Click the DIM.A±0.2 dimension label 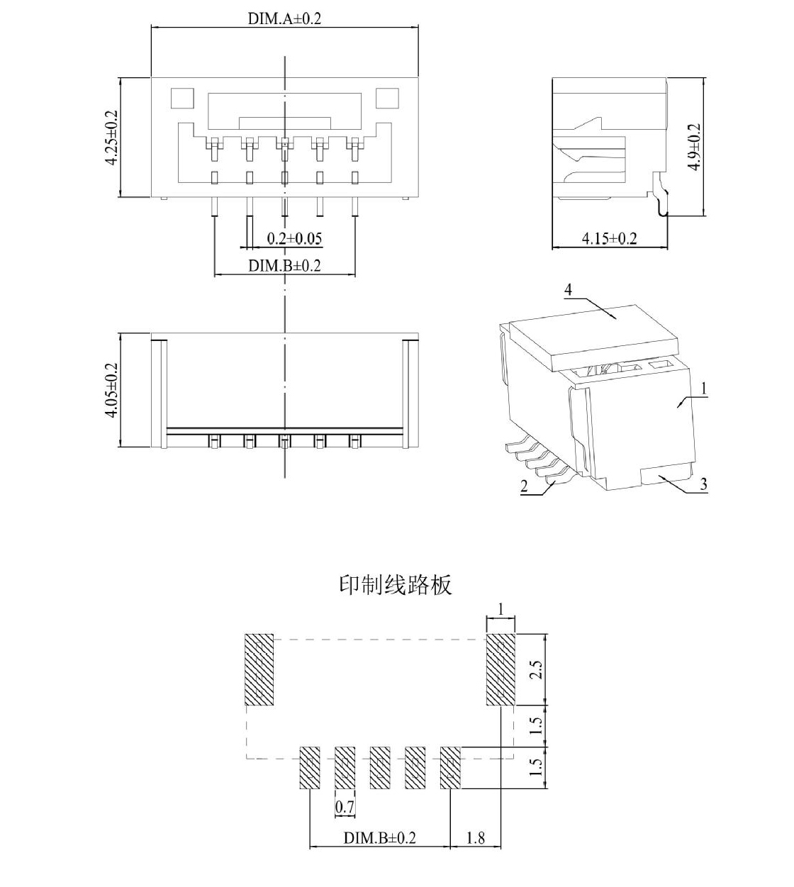coord(284,18)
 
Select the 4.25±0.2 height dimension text coord(111,138)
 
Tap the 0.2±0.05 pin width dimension coord(294,238)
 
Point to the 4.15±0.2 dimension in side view coord(609,238)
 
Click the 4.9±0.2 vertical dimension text coord(694,147)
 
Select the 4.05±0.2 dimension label coord(111,390)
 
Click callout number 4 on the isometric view coord(568,290)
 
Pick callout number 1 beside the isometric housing coord(704,389)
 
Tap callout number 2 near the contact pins coord(525,486)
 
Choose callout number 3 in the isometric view coord(703,484)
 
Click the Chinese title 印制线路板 coord(396,584)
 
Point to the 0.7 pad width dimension coord(345,806)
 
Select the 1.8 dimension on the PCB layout coord(476,837)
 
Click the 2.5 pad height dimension coord(536,669)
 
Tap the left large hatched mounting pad coord(259,669)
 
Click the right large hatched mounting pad coord(501,669)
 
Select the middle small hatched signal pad coord(380,768)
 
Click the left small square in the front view coord(182,99)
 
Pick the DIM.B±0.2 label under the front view coord(284,265)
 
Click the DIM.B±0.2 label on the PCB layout coord(379,837)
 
